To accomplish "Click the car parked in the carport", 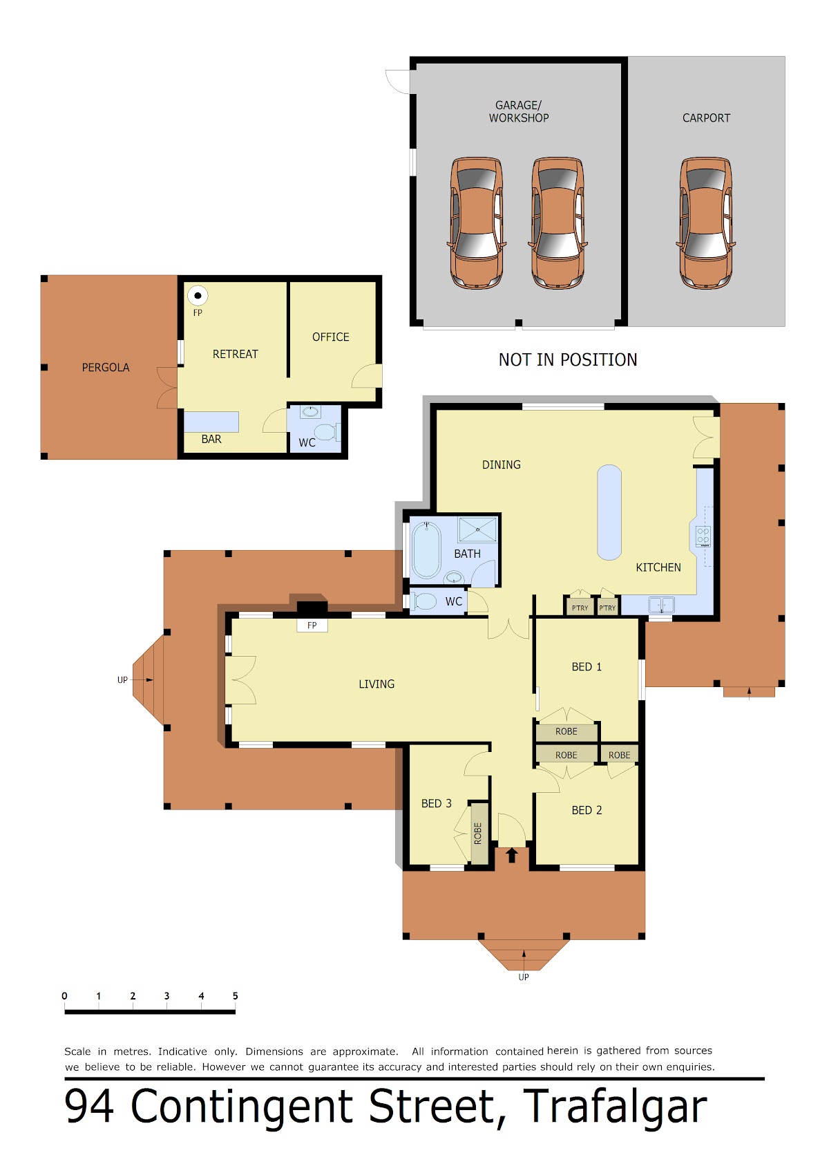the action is click(705, 223).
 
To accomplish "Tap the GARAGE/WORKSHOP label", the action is click(519, 111).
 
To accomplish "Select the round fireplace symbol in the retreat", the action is click(198, 295).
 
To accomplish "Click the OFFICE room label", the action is click(330, 337).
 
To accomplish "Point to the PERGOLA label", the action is click(105, 367).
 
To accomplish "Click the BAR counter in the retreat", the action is click(211, 422).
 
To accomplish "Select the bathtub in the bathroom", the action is click(426, 550).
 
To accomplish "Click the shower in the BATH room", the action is click(477, 529).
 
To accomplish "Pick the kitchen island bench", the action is click(609, 512).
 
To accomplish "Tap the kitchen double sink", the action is click(661, 605).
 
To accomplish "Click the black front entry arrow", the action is click(512, 855).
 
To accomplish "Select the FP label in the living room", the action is click(312, 626).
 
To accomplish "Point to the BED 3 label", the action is click(436, 803).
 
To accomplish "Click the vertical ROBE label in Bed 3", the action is click(477, 833).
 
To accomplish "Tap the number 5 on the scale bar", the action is click(235, 995).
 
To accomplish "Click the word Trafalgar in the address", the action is click(614, 1107).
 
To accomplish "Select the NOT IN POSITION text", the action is click(568, 359).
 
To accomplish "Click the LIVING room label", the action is click(377, 684).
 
